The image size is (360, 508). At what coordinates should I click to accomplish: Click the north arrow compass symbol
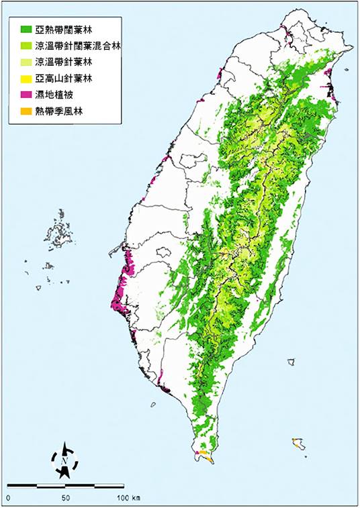click(64, 460)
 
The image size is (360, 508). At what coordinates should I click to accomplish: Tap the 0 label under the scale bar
click(9, 499)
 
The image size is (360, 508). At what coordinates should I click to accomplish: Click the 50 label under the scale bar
click(66, 499)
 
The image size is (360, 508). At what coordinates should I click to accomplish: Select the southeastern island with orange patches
click(298, 444)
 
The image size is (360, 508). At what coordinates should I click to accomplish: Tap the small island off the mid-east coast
click(290, 362)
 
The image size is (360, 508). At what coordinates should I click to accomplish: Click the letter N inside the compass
click(63, 461)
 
